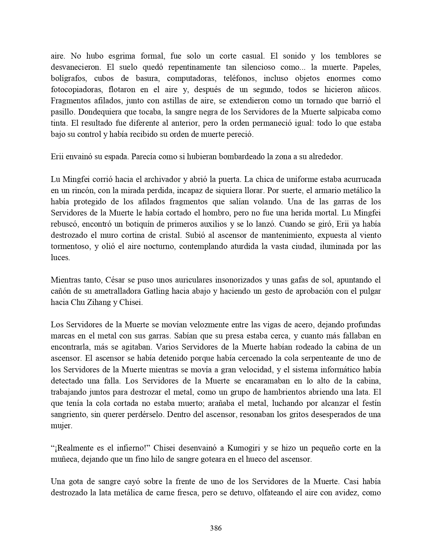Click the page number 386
(x=216, y=528)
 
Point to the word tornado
(x=320, y=101)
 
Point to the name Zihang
(x=96, y=303)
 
